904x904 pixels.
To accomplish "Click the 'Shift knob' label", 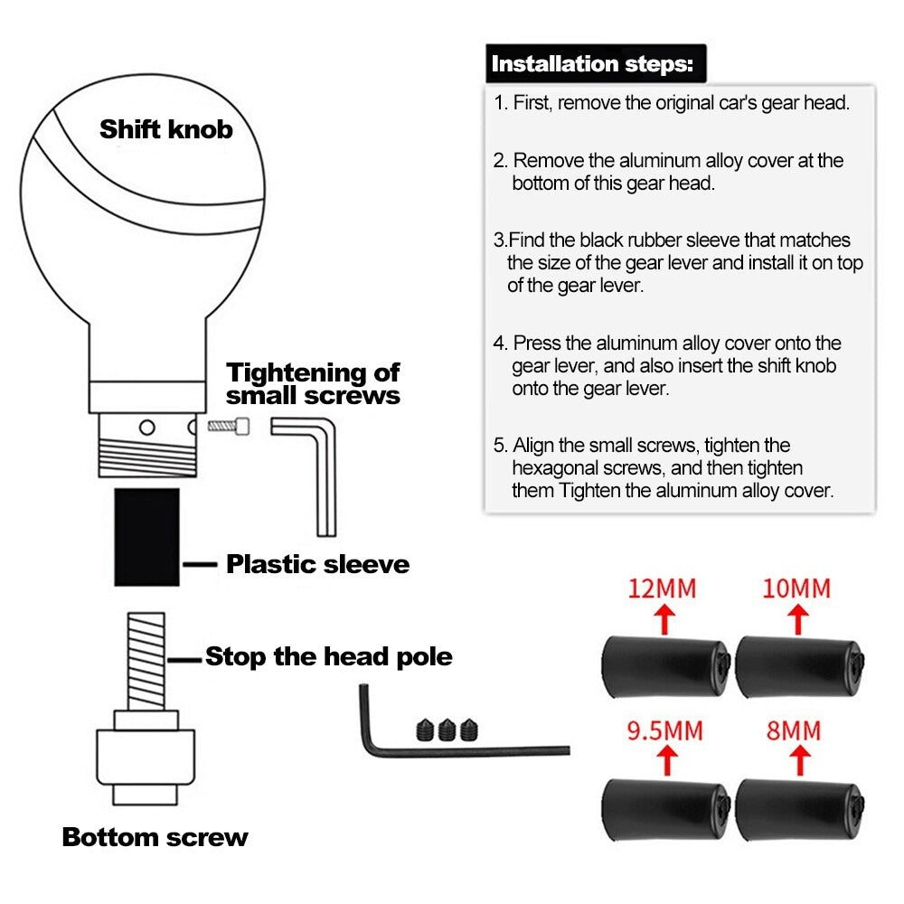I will coord(165,129).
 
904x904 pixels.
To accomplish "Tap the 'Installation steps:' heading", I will coord(592,64).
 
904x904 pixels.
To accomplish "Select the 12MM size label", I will coord(663,589).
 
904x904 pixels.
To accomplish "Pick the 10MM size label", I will coord(796,589).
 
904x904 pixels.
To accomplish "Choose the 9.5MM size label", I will coord(664,730).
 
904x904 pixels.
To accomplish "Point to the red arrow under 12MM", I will coord(664,620).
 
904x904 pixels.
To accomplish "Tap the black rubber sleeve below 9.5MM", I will coord(665,807).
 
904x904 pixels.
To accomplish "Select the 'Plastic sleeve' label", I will coord(317,565).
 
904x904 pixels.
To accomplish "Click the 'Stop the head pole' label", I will coord(328,656).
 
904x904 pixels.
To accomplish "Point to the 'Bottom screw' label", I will coord(155,837).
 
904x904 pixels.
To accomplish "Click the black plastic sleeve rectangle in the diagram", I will coord(146,536).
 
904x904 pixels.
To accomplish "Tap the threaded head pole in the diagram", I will coord(146,660).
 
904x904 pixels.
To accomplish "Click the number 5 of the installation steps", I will coord(498,446).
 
